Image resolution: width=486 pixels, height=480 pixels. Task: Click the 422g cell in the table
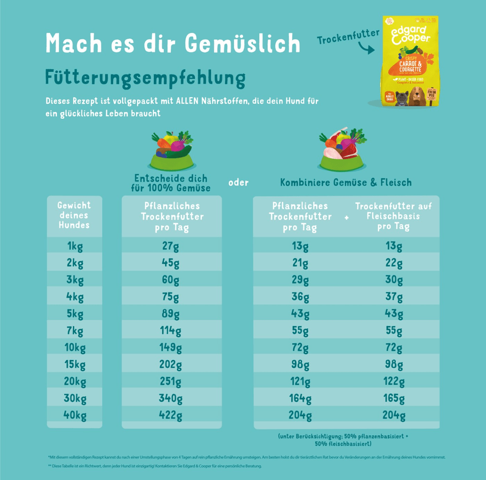pos(171,416)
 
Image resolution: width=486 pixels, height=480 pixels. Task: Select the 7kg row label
pos(75,330)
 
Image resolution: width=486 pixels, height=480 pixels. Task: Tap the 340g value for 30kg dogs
pos(171,399)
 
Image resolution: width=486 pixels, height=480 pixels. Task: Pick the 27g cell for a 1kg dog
pos(171,246)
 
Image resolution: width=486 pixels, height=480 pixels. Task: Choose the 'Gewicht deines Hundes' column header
pos(75,215)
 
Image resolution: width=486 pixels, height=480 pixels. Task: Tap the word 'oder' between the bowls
pos(238,182)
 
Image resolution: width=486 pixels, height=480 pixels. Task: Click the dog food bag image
pos(410,61)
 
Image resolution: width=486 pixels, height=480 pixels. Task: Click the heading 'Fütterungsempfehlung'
pos(146,77)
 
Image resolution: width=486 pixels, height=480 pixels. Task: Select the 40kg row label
pos(75,416)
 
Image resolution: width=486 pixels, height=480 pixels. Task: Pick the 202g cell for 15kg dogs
pos(171,365)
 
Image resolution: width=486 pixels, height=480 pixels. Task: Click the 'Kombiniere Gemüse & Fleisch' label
pos(346,182)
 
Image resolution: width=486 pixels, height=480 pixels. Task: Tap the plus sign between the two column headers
pos(346,217)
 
